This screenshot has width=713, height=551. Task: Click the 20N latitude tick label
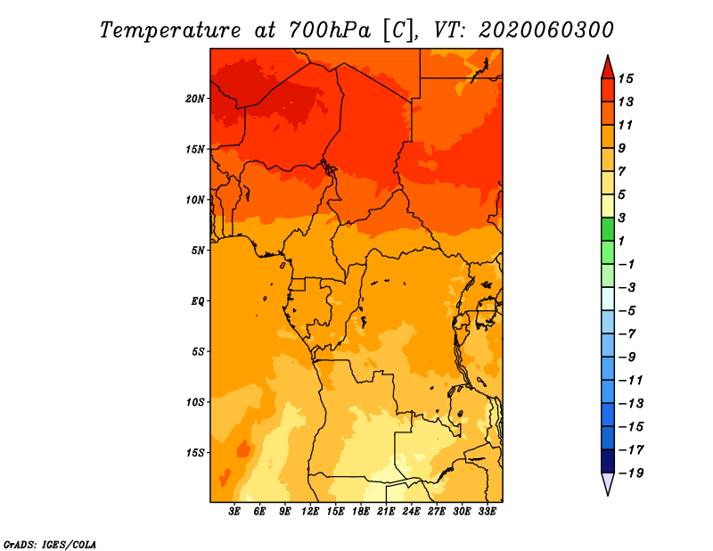click(194, 99)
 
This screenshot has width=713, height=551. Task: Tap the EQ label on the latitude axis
click(198, 301)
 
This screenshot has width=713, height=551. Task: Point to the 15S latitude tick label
click(194, 453)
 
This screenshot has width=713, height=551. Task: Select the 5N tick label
click(198, 251)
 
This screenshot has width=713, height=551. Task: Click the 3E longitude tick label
click(234, 512)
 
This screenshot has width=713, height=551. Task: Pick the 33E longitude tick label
click(487, 512)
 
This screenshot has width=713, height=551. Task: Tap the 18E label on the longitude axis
click(361, 512)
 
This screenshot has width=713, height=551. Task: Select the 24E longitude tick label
click(411, 512)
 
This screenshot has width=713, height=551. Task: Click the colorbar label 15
click(626, 78)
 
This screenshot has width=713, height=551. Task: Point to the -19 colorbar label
click(631, 473)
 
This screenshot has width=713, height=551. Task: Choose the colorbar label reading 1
click(621, 241)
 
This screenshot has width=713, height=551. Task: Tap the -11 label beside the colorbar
click(631, 381)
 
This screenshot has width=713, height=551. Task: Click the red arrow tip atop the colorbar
click(608, 56)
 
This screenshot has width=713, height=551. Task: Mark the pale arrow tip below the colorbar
click(608, 494)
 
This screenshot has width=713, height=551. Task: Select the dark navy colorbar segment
click(608, 461)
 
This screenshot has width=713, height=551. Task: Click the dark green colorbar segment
click(608, 229)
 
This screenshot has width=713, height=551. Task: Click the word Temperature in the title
click(170, 30)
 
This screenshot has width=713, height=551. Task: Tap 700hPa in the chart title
click(330, 30)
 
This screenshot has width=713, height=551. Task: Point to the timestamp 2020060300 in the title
click(546, 30)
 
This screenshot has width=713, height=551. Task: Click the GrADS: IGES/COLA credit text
click(50, 545)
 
